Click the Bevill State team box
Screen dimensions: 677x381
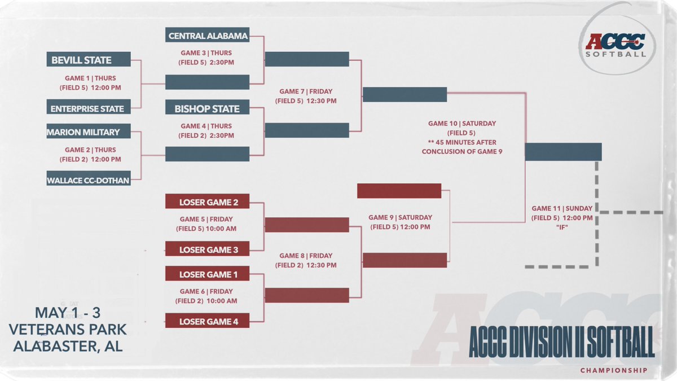coord(89,60)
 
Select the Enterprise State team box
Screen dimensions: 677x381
coord(89,108)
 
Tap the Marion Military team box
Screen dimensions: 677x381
coord(89,132)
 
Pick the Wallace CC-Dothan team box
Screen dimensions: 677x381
coord(89,180)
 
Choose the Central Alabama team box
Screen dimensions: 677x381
coord(207,36)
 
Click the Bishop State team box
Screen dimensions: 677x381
coord(207,108)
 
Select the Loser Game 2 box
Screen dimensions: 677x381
coord(207,202)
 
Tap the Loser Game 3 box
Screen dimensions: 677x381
coord(207,249)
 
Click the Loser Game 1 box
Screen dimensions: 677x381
coord(207,274)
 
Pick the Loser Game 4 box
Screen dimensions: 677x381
coord(207,322)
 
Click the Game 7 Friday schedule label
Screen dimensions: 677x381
coord(306,96)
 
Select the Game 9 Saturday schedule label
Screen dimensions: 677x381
coord(400,222)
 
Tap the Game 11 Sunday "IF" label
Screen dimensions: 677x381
coord(562,217)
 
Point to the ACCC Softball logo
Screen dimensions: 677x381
coord(616,45)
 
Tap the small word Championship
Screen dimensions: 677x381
coord(614,371)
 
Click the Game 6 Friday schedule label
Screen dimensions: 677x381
coord(208,296)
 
